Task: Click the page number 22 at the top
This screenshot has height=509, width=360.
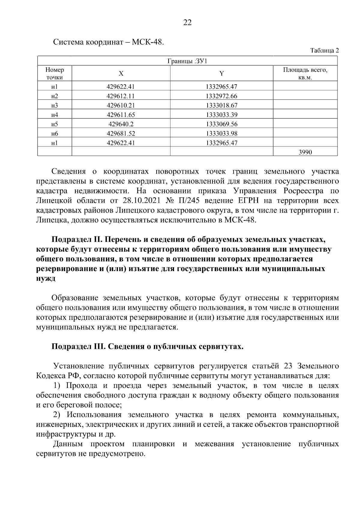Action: pyautogui.click(x=187, y=23)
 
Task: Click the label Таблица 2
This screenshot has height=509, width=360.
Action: pyautogui.click(x=324, y=50)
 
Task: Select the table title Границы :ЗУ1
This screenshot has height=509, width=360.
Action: pyautogui.click(x=187, y=61)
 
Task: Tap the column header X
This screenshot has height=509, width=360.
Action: pyautogui.click(x=121, y=74)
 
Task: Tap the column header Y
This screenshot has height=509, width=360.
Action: pyautogui.click(x=221, y=74)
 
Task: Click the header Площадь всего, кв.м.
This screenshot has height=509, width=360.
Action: pyautogui.click(x=305, y=74)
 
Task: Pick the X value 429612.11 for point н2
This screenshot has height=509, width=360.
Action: pyautogui.click(x=121, y=96)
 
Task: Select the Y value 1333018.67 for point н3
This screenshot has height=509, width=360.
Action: pyautogui.click(x=221, y=106)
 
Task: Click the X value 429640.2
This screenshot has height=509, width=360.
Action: pyautogui.click(x=121, y=124)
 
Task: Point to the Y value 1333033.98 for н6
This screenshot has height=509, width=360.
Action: pyautogui.click(x=221, y=133)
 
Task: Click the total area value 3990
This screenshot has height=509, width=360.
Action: pyautogui.click(x=305, y=152)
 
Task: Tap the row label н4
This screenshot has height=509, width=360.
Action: pyautogui.click(x=55, y=115)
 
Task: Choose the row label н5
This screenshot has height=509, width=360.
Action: pyautogui.click(x=55, y=124)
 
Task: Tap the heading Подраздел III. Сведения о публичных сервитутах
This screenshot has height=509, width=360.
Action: pyautogui.click(x=147, y=347)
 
